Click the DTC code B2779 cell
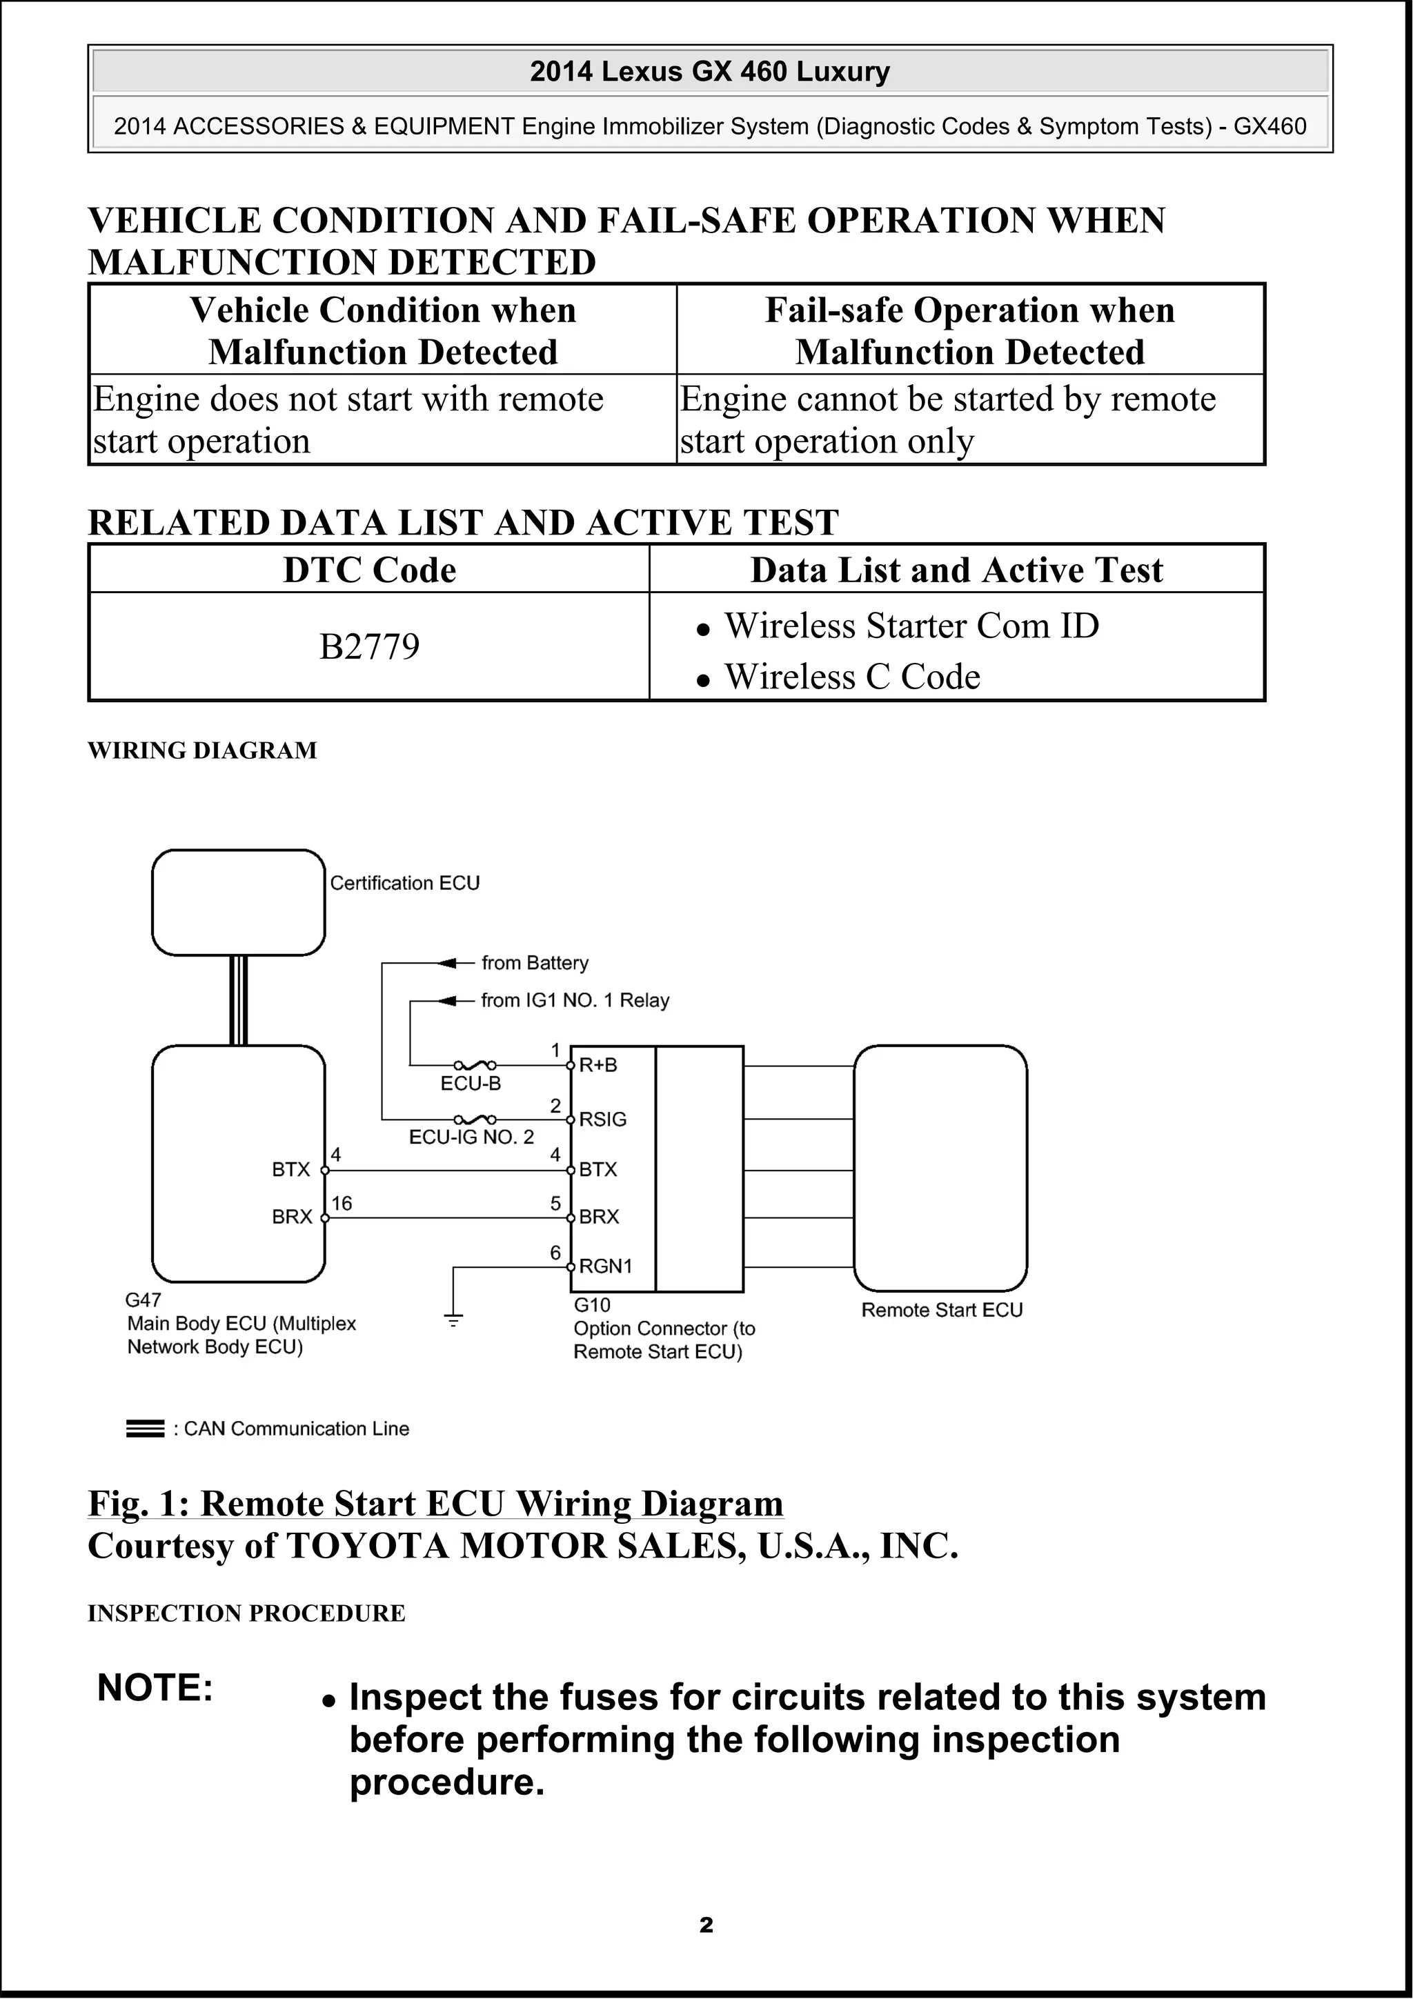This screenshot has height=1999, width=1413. coord(369,647)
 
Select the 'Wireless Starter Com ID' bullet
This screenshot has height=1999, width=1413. coord(911,626)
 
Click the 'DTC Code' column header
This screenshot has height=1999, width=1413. coord(369,570)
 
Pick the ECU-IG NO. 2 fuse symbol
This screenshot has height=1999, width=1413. coord(475,1119)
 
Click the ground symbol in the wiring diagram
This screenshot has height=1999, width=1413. coord(453,1319)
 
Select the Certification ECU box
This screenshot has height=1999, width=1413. coord(237,902)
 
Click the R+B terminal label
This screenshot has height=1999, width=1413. coord(598,1065)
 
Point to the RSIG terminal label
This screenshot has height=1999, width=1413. coord(602,1119)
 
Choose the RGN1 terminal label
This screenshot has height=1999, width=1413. coord(605,1266)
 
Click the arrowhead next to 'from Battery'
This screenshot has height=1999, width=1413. coord(448,963)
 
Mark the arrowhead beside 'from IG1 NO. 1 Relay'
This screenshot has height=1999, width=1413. coord(448,1002)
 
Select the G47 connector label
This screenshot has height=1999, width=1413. coord(143,1300)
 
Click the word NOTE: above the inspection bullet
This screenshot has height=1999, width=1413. coord(155,1687)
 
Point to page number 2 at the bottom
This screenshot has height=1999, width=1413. coord(706,1925)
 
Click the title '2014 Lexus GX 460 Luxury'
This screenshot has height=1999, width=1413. coord(709,72)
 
